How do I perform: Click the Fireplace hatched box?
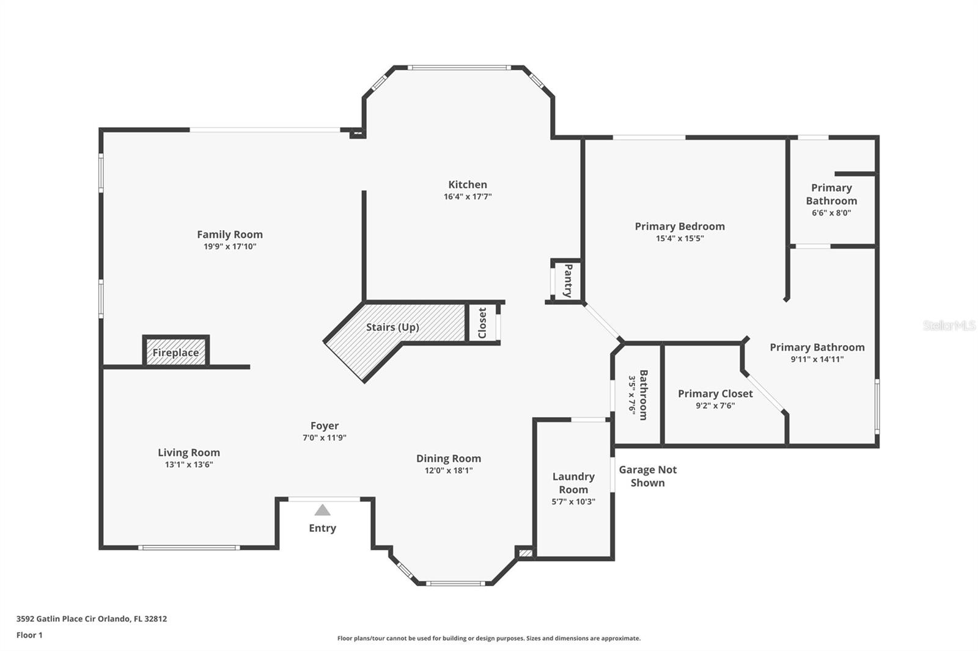point(176,352)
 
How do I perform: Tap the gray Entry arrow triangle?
point(322,511)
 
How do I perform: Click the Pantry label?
point(568,280)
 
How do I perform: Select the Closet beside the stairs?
point(482,322)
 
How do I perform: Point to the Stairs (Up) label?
point(392,327)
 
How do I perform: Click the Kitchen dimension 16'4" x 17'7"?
point(468,197)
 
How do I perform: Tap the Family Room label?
point(230,235)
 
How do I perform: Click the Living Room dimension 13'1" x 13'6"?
point(189,465)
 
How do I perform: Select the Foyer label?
point(325,426)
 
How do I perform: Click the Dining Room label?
point(449,459)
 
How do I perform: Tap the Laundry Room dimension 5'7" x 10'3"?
point(573,502)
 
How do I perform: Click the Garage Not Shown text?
point(648,476)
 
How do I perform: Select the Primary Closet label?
point(715,394)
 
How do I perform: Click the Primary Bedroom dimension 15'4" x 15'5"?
point(680,239)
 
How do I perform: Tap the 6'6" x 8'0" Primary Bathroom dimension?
point(831,213)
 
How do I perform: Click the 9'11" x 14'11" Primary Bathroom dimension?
point(817,360)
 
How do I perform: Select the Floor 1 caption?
point(29,635)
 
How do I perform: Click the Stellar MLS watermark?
point(949,325)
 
